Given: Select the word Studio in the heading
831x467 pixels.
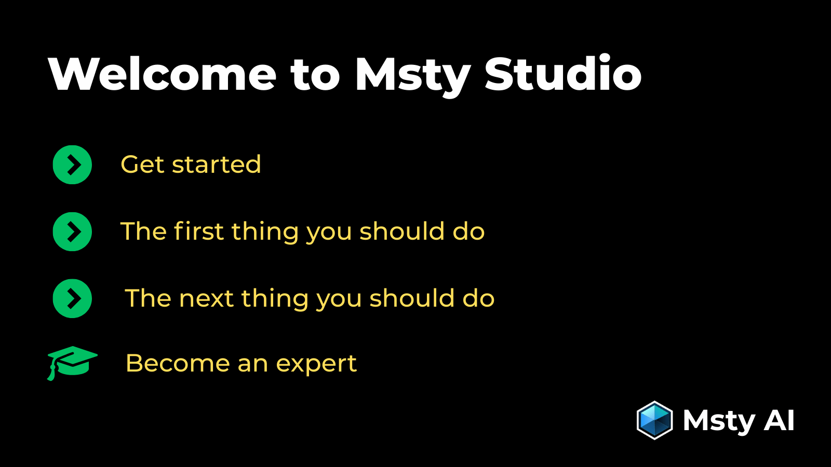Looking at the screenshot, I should coord(563,74).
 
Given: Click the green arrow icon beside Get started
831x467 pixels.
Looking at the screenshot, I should coord(72,164).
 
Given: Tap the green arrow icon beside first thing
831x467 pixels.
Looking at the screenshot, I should coord(72,231).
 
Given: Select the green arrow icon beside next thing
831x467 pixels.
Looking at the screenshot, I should coord(72,298).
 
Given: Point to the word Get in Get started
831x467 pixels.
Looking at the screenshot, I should coord(142,165).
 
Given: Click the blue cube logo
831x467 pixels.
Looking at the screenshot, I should coord(654,420).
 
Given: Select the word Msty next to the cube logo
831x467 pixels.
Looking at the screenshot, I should coord(719,421).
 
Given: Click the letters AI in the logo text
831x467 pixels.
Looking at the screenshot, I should coord(779,420).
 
